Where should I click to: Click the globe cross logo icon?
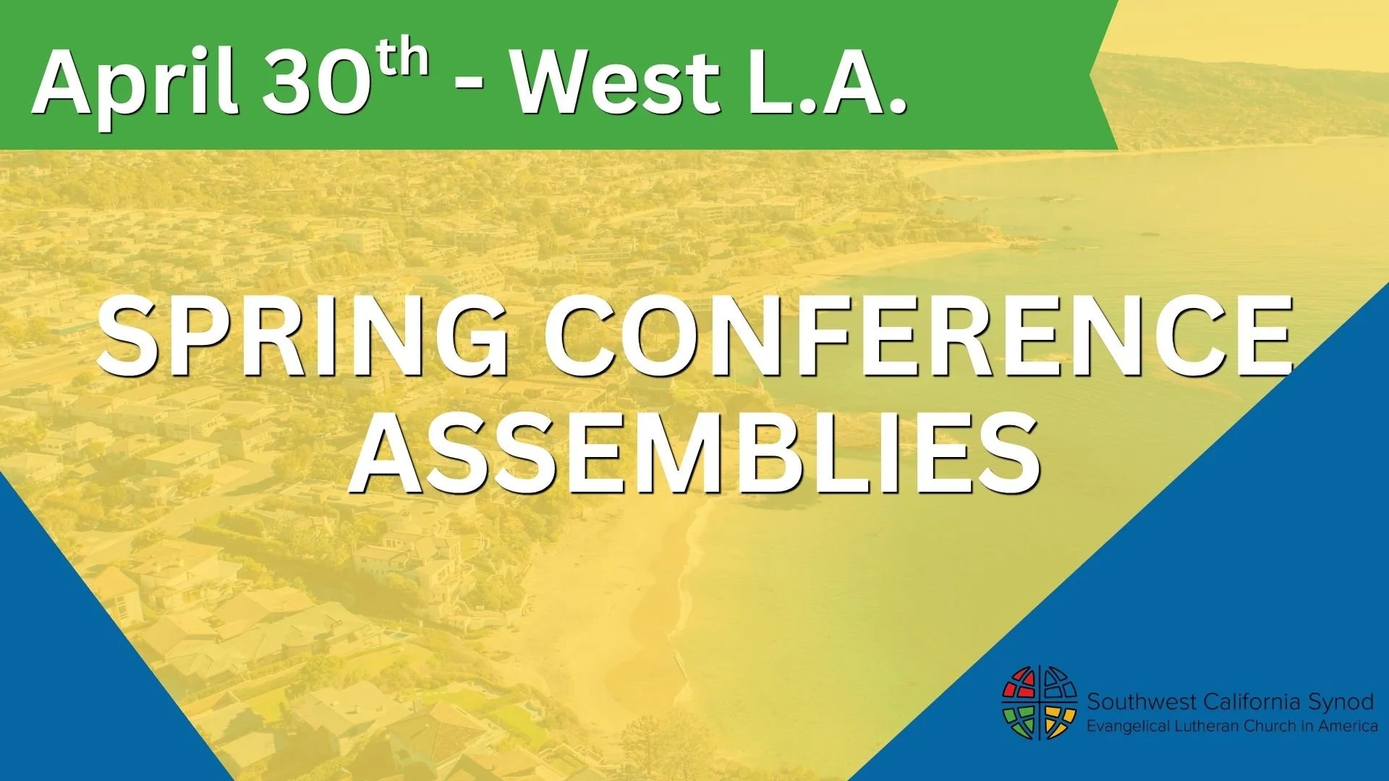[1039, 703]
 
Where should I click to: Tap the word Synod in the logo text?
[1341, 701]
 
